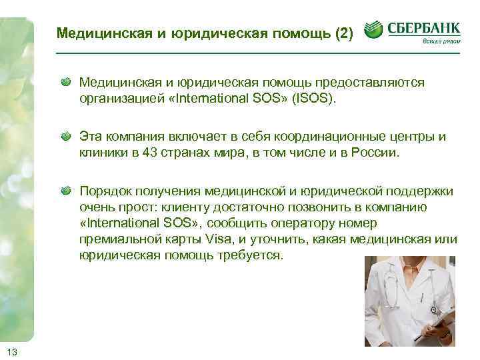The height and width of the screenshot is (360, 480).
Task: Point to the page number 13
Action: click(12, 351)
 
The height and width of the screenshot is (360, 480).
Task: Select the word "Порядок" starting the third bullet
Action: click(103, 192)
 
